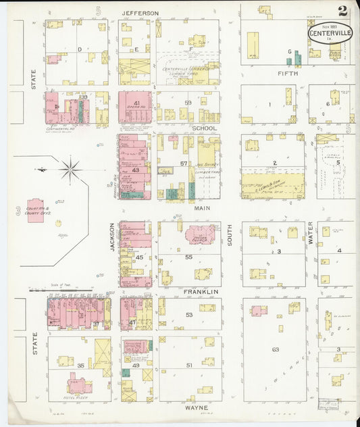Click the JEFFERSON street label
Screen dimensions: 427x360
coord(140,13)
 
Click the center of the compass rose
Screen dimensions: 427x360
coord(71,168)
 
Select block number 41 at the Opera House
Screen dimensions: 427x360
coord(136,103)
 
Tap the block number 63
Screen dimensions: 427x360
coord(275,349)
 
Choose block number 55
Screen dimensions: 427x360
coord(189,257)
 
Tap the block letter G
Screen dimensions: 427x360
coord(289,51)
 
